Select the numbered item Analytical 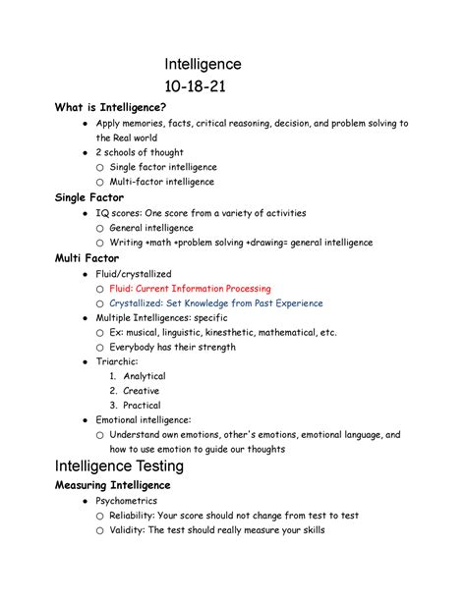(x=144, y=376)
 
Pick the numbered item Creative (x=142, y=391)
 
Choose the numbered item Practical (x=142, y=406)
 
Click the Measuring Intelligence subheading (x=113, y=485)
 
